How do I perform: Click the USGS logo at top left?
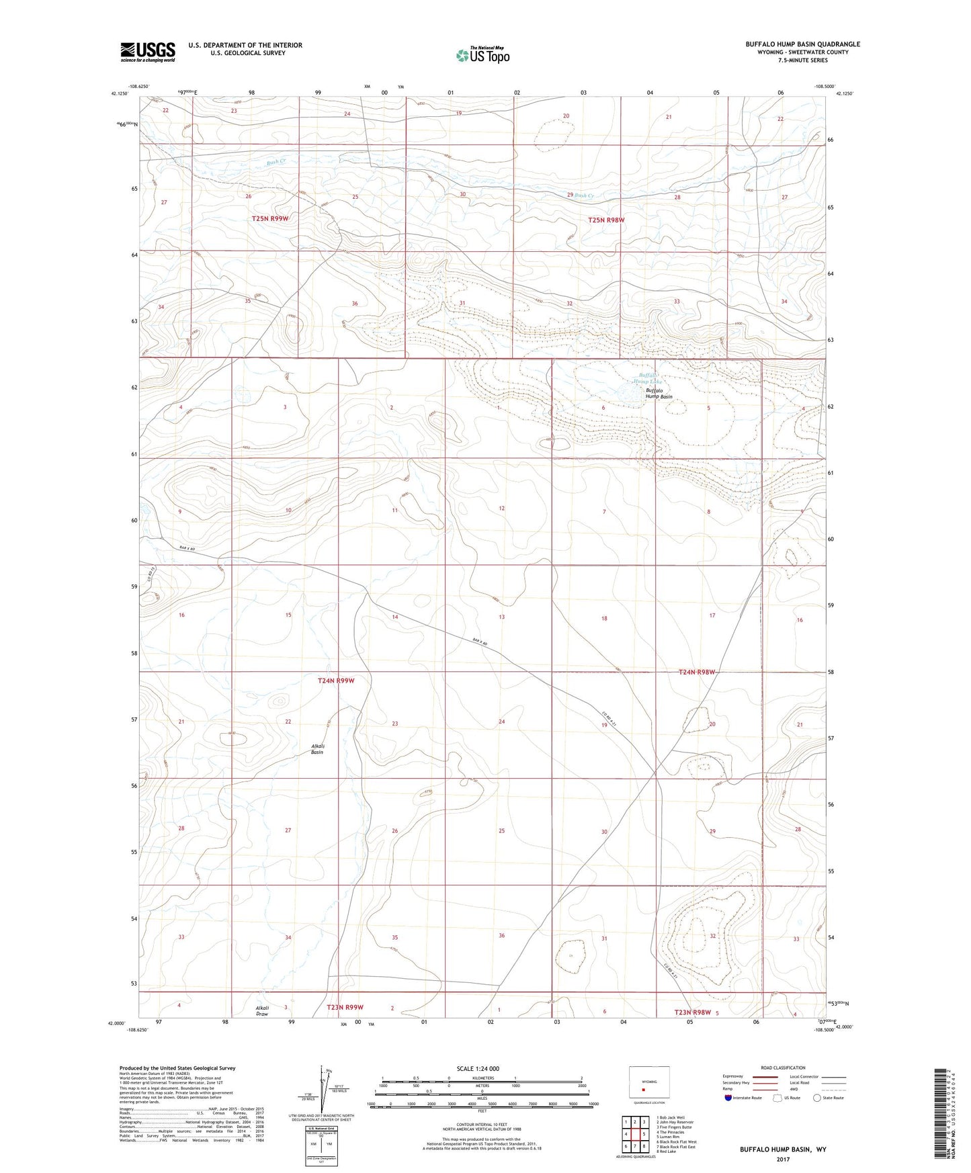[147, 52]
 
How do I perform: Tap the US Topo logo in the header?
[482, 55]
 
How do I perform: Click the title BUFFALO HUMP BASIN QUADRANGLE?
[802, 44]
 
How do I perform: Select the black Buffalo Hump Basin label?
[659, 394]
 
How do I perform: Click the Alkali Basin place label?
[317, 749]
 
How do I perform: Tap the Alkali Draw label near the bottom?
[262, 1011]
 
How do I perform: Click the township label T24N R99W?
[335, 681]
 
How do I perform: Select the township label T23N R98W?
[692, 1012]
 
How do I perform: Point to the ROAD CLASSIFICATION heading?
[783, 1068]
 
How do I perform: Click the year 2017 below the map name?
[783, 1159]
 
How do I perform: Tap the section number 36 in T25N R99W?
[355, 304]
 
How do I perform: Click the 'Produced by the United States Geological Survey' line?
[177, 1068]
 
